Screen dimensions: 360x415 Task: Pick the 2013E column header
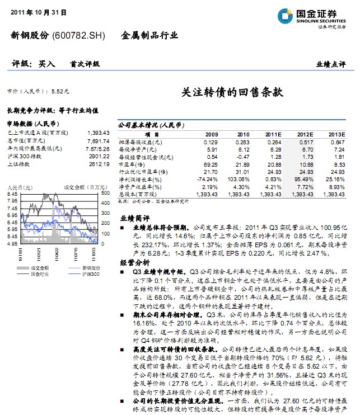click(x=336, y=135)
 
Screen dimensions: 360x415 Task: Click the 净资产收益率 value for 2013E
click(x=336, y=186)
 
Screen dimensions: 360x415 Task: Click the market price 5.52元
click(x=60, y=91)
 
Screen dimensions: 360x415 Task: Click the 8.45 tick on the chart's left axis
click(x=12, y=193)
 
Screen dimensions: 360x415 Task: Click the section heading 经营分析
click(x=135, y=262)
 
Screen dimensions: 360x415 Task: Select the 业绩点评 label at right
click(x=330, y=64)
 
